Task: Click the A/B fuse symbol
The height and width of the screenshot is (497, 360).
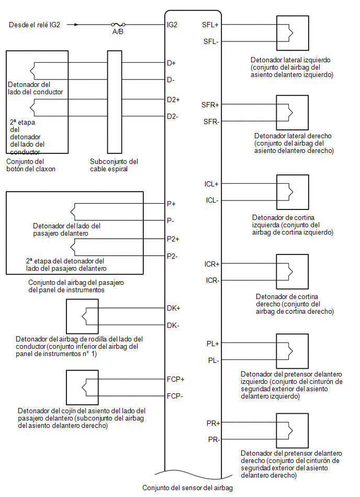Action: point(118,25)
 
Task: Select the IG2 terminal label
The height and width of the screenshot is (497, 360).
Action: point(172,25)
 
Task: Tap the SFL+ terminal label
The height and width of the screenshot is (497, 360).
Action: point(210,25)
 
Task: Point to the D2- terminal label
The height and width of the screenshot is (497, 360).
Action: point(173,116)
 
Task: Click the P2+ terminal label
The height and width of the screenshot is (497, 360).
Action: point(173,239)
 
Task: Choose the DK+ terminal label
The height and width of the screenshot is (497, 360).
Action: point(174,308)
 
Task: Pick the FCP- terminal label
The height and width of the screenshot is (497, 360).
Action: point(175,396)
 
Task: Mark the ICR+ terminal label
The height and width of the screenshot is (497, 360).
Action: point(212,264)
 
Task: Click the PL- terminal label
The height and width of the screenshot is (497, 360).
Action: point(213,360)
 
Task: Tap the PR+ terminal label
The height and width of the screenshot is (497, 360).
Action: point(213,423)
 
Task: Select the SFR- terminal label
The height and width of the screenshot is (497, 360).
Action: point(211,122)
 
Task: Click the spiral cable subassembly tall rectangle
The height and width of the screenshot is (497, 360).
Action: point(115,102)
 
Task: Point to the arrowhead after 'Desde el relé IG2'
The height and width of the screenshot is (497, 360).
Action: point(76,25)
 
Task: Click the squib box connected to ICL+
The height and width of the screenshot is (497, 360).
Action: point(292,192)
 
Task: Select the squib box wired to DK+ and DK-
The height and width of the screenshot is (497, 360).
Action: point(82,316)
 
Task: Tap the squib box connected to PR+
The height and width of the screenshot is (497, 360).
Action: point(292,430)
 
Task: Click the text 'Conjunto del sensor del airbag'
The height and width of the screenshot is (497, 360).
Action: point(187,488)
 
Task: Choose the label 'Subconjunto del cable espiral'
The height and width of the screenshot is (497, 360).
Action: point(114,165)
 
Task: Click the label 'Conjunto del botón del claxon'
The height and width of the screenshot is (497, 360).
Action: point(31,165)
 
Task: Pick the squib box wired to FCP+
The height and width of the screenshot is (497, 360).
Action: point(82,388)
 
